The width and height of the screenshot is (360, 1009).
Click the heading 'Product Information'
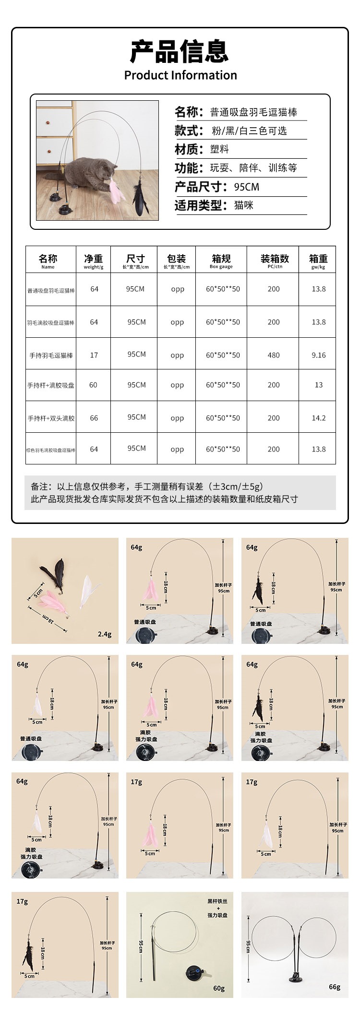click(180, 75)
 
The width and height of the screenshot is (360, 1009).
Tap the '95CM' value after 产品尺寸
click(247, 187)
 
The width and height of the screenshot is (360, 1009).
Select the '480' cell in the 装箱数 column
click(274, 355)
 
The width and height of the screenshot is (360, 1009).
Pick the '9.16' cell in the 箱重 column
click(318, 355)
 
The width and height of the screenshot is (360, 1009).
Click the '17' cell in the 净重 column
click(94, 355)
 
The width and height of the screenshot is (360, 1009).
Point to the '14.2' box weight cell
click(318, 418)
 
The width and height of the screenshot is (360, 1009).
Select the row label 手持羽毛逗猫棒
click(51, 356)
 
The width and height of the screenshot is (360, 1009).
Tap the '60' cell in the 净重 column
click(93, 385)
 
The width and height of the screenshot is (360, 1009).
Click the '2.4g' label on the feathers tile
click(104, 634)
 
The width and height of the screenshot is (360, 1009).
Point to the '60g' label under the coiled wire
click(219, 988)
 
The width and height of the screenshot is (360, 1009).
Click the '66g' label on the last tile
click(335, 986)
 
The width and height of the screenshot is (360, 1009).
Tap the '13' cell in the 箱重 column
click(318, 385)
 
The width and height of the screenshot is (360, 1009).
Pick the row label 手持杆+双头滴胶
click(51, 418)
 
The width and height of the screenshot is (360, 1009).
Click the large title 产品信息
click(180, 52)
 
